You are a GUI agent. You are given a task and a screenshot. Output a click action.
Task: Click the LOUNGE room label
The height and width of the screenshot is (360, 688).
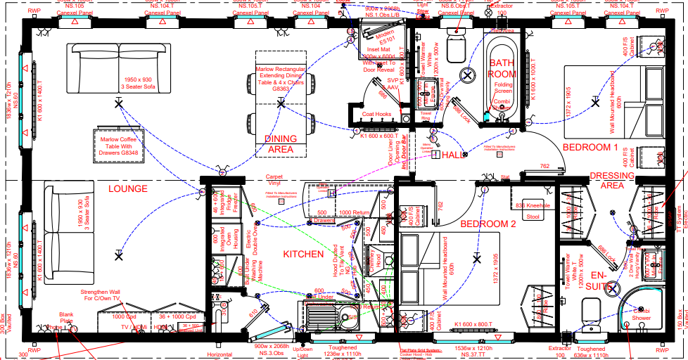(127, 188)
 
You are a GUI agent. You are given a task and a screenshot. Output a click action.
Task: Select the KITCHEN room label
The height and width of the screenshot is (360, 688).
(303, 254)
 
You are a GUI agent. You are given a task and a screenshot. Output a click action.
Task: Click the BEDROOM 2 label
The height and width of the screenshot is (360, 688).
(488, 224)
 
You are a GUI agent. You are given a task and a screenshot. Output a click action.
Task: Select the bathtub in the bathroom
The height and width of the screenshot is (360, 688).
(500, 77)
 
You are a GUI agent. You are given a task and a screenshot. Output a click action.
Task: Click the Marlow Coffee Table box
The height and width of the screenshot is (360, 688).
(117, 144)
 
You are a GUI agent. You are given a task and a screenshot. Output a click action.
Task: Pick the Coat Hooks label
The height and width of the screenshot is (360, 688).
(376, 115)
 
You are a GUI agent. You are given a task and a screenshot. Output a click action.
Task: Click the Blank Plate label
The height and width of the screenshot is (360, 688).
(66, 317)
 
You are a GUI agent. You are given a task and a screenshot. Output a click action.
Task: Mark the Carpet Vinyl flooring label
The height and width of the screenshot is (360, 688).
(274, 181)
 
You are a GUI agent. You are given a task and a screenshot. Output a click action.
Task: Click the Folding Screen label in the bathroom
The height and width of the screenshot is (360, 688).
(504, 88)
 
